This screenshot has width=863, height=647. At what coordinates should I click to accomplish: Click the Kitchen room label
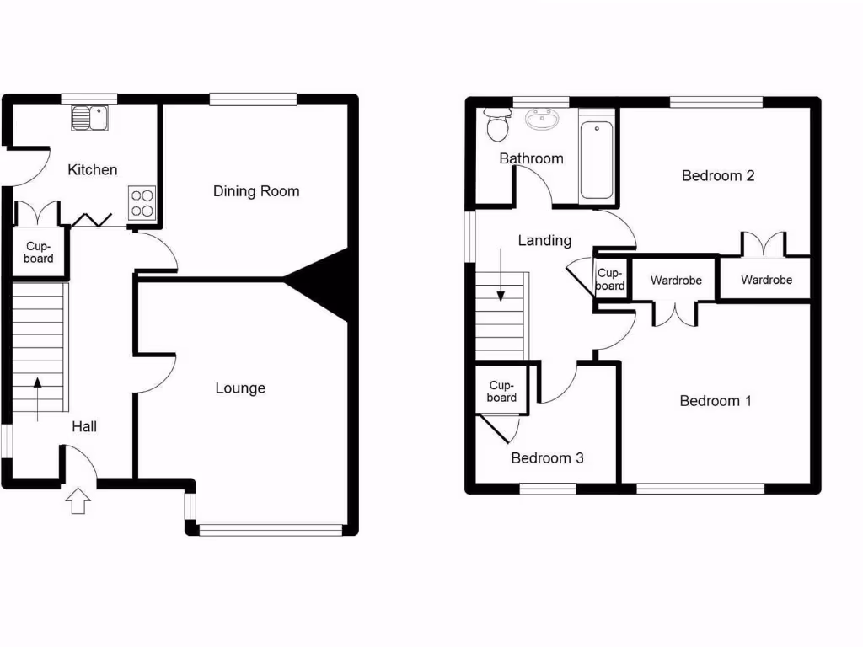coord(93,170)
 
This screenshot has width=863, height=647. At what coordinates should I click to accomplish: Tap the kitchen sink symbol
coord(88,118)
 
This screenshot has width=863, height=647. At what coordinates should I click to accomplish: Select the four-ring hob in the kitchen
coord(142,202)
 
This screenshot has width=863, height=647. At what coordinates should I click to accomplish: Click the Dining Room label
coord(256,191)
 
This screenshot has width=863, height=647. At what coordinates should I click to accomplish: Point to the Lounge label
coord(240,388)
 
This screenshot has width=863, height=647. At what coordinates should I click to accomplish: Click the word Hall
coord(84,427)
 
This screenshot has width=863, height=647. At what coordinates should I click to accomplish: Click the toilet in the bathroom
coord(498,128)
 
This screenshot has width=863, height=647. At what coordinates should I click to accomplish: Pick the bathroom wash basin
coord(545,120)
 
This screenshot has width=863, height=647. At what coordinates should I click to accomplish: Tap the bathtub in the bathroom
coord(597,160)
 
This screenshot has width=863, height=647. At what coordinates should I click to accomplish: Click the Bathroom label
coord(531,158)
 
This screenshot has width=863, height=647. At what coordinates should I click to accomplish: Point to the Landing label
coord(544,241)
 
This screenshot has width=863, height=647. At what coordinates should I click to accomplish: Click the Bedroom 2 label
coord(718,176)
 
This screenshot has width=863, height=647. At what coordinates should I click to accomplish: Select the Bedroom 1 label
coord(716,401)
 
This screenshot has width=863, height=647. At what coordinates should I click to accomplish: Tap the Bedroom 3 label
coord(548,458)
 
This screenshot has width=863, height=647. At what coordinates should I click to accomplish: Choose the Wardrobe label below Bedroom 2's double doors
coord(766,281)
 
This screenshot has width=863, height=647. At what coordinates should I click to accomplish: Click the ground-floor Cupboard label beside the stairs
coord(39,253)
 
